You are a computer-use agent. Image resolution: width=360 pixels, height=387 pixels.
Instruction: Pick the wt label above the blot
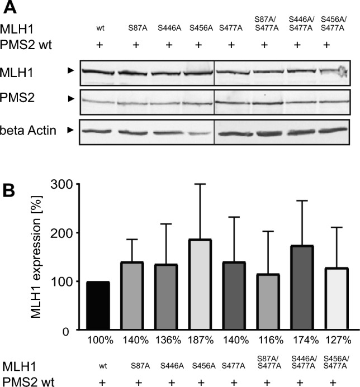(x=101, y=26)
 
